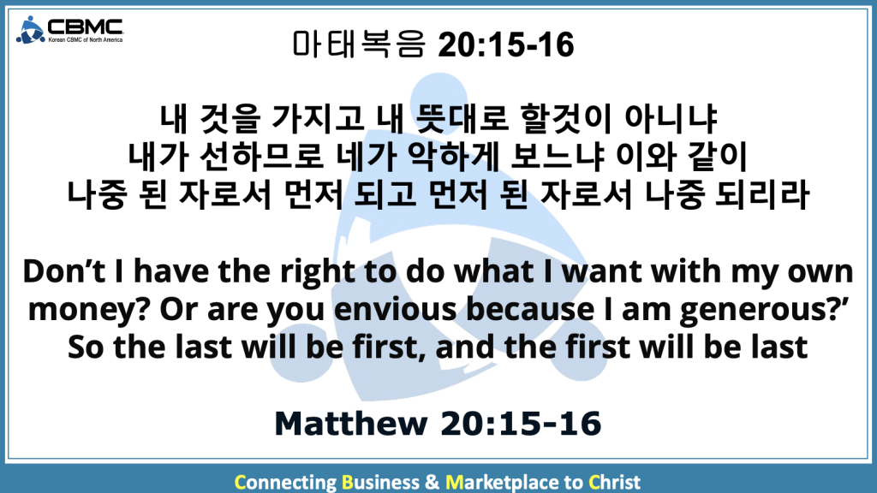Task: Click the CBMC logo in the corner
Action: point(69,30)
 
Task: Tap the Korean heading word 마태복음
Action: point(359,45)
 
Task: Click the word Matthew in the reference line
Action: point(351,423)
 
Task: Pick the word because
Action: point(529,309)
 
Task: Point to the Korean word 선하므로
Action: point(262,157)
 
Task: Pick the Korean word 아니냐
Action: point(671,118)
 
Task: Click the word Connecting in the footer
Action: point(285,482)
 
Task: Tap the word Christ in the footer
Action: point(614,482)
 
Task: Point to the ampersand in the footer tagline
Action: point(433,482)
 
